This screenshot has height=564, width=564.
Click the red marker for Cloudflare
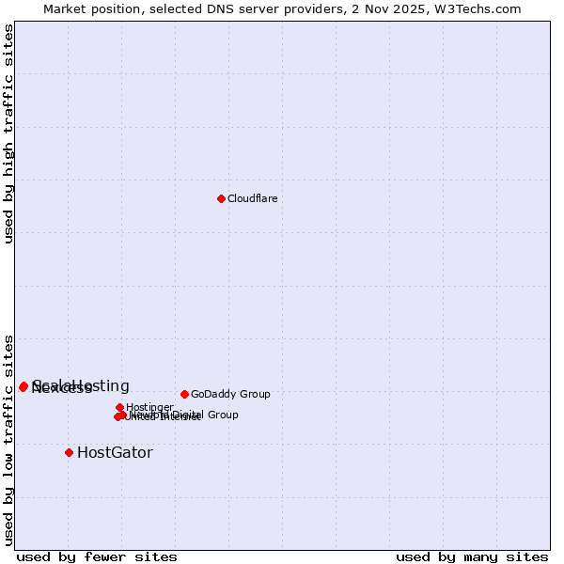tap(221, 198)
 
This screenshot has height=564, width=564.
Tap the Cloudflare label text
tap(252, 198)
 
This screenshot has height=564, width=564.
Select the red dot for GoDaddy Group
tap(184, 394)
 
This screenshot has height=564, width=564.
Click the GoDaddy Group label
tap(230, 394)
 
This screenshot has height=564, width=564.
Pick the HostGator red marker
tap(69, 452)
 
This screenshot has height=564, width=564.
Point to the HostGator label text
tap(115, 452)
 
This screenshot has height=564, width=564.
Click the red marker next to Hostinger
tap(119, 407)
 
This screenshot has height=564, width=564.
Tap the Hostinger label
tap(149, 407)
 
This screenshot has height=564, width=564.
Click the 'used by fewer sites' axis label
tap(97, 556)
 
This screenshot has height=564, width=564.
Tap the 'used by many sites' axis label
tap(472, 556)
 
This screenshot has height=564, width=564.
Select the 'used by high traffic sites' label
tap(8, 133)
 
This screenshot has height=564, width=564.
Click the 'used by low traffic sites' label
tap(8, 439)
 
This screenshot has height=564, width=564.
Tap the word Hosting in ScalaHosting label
tap(100, 385)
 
